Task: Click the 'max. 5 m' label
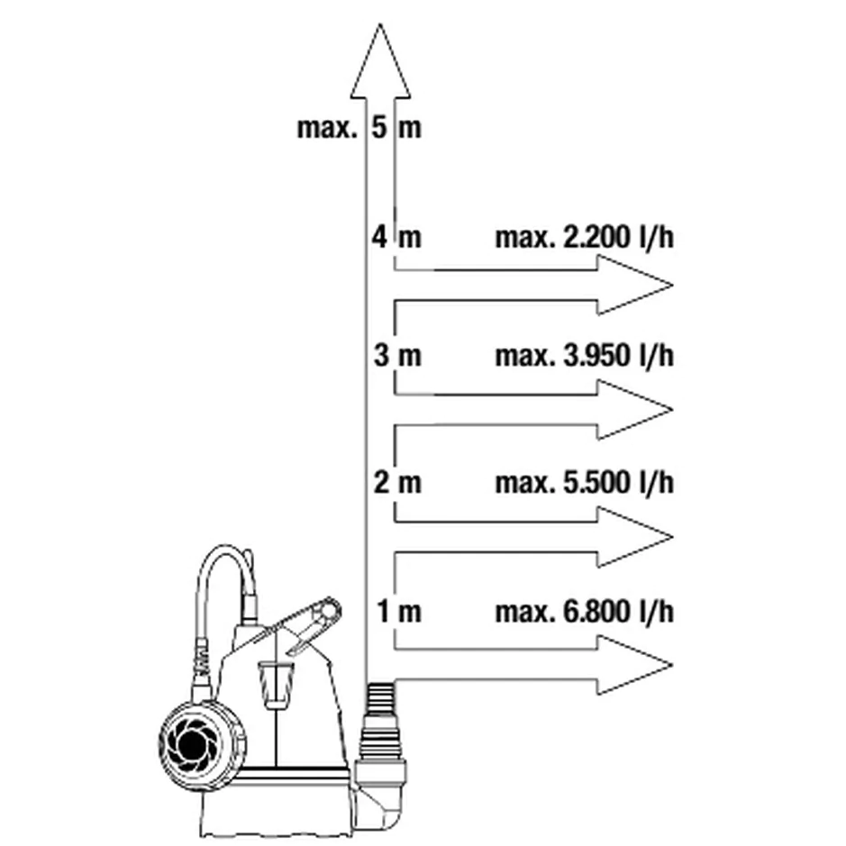(x=359, y=129)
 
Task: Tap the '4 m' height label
(x=396, y=237)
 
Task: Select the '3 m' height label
(x=397, y=356)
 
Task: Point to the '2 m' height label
(x=397, y=482)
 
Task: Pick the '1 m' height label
(x=399, y=611)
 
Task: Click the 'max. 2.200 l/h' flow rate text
(x=585, y=237)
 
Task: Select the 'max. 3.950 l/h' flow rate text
(x=585, y=356)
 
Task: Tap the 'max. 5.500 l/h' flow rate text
(x=585, y=482)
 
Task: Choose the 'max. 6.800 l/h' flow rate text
(x=585, y=612)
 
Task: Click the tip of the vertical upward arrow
(x=380, y=23)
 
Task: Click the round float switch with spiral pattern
(x=202, y=746)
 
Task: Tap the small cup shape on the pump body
(x=277, y=684)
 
